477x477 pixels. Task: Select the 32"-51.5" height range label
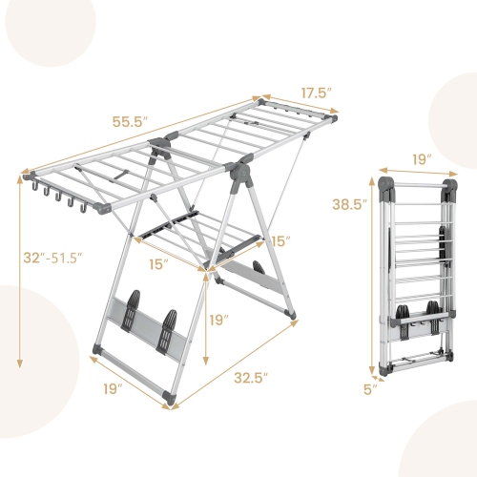pyautogui.click(x=55, y=258)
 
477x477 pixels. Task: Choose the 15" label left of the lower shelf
pyautogui.click(x=159, y=261)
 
